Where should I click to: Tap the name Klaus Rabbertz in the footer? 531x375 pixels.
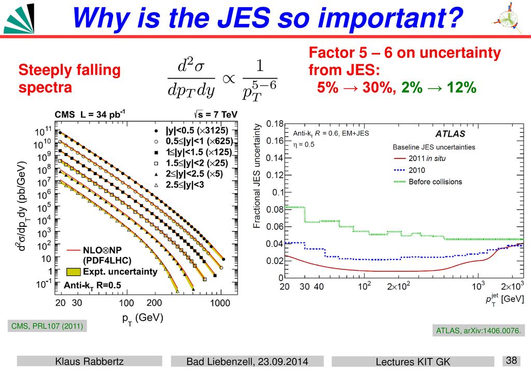(89, 362)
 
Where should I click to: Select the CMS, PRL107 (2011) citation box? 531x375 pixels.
(47, 326)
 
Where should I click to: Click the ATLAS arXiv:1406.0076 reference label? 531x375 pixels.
(478, 330)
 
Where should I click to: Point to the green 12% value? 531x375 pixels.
(462, 88)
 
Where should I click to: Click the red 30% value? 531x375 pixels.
(376, 88)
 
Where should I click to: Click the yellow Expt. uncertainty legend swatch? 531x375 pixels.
(74, 271)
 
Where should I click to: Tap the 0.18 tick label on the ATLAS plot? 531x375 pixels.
(275, 124)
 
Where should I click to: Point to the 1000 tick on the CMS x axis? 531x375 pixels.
(220, 302)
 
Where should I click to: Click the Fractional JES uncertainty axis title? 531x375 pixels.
(257, 176)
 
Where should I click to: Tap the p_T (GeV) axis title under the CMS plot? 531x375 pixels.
(143, 319)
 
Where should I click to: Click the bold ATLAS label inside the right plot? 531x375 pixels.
(450, 134)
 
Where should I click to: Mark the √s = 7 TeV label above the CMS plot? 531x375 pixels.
(216, 114)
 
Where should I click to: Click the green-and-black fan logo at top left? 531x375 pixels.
(19, 19)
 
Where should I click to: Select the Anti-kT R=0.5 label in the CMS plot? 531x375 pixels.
(92, 286)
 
